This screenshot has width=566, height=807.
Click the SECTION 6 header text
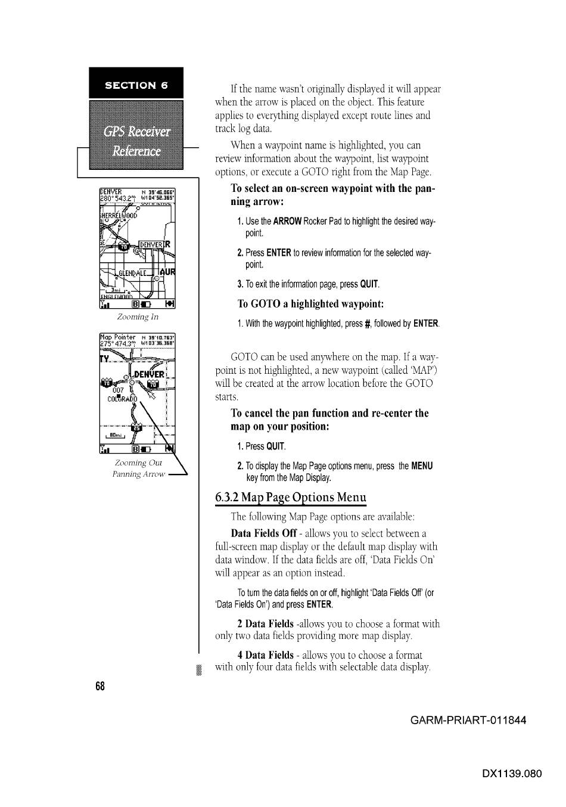[136, 85]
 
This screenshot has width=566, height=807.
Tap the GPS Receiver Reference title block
[136, 140]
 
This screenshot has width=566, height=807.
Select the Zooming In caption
[138, 317]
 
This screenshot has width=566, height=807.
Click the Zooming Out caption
[138, 463]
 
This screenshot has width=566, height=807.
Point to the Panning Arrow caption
[139, 474]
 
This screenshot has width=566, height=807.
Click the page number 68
[99, 686]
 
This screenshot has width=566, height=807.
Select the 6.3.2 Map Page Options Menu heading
[291, 498]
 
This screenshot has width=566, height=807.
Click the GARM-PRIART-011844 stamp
[468, 720]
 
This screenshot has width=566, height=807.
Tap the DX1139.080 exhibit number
[512, 774]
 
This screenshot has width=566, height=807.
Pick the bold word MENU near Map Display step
[422, 466]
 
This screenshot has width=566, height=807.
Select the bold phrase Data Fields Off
[263, 533]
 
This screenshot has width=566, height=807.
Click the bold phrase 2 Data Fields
[265, 624]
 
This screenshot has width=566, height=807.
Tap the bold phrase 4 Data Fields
[265, 655]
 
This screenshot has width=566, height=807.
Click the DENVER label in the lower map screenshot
[149, 374]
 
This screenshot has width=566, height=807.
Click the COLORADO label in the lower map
[122, 399]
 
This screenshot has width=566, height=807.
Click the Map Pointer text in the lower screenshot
[118, 337]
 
